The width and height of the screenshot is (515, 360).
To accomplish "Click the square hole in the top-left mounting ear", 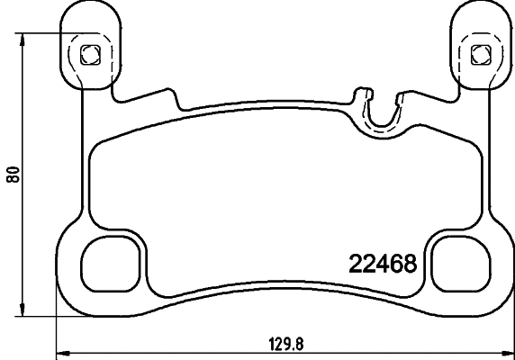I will click(88, 54).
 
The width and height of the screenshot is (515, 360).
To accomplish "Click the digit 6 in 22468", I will click(394, 265).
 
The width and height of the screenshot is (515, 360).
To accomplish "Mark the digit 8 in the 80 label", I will click(13, 179).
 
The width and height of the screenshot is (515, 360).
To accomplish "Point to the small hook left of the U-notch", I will click(362, 94).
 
